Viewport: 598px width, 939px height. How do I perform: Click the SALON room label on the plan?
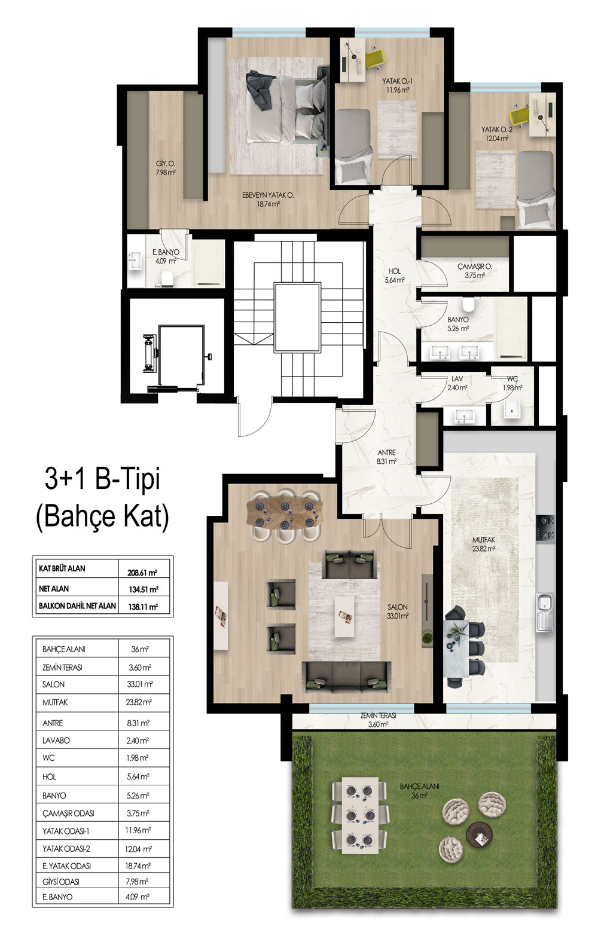(398, 607)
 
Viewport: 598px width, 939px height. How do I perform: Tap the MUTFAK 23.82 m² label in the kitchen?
(484, 544)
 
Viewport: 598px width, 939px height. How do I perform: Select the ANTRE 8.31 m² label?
(387, 457)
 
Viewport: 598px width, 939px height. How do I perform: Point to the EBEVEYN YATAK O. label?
(268, 195)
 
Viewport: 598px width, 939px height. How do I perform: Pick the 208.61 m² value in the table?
(142, 573)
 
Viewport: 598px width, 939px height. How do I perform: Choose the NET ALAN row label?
(54, 589)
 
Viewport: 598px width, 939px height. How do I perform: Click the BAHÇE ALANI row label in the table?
(64, 649)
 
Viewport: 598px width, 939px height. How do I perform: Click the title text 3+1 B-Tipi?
(102, 479)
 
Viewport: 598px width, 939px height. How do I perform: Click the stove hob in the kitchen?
(545, 529)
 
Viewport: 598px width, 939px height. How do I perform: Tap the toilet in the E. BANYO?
(167, 279)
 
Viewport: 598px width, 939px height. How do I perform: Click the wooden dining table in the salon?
(285, 510)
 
